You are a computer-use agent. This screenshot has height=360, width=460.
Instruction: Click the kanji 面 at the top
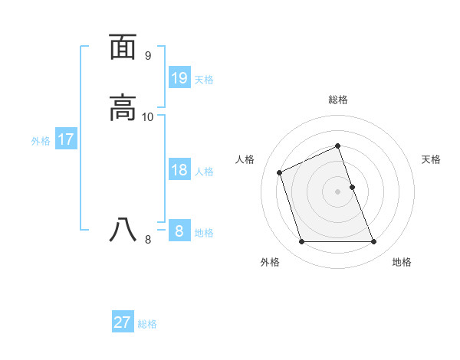[x=123, y=47]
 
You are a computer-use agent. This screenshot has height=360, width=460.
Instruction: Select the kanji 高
[x=123, y=108]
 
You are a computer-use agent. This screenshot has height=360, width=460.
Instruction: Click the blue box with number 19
[x=179, y=77]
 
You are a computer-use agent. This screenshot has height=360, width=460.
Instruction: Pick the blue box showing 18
[x=179, y=170]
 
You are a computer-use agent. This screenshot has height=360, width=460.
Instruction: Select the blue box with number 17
[x=66, y=139]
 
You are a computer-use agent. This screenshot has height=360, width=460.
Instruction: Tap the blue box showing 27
[x=123, y=322]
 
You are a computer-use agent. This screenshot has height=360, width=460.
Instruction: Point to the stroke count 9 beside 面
[x=148, y=56]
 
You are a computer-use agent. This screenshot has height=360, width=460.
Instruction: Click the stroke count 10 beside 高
[x=148, y=117]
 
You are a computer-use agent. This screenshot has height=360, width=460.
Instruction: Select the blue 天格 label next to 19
[x=204, y=79]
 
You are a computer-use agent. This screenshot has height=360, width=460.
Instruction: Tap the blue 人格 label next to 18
[x=204, y=172]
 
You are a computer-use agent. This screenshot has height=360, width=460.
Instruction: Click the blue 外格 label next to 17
[x=41, y=141]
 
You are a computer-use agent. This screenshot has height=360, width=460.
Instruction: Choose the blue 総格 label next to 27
[x=147, y=324]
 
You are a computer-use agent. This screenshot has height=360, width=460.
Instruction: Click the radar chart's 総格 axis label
[x=338, y=100]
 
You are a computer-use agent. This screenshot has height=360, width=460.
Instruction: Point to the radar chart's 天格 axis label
[x=431, y=159]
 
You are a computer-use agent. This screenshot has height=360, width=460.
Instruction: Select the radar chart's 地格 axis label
[x=402, y=262]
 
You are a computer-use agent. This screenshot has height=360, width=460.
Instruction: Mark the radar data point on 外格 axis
[x=301, y=242]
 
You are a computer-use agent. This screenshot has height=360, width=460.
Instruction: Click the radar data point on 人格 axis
[x=280, y=172]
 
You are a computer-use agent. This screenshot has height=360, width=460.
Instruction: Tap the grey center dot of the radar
[x=338, y=191]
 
